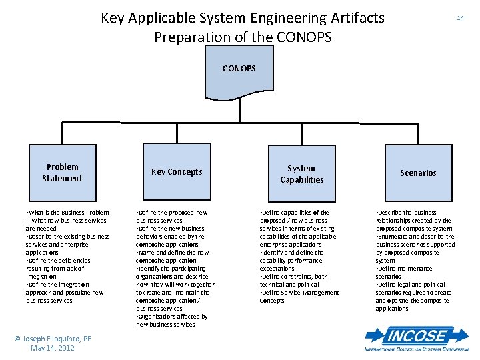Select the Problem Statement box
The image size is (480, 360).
coord(62,173)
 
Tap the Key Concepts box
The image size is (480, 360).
coord(177,172)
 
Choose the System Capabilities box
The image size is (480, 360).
coord(301,174)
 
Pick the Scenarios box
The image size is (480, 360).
coord(418,173)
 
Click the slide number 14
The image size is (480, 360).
coord(460,18)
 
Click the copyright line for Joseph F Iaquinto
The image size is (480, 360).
coord(53,339)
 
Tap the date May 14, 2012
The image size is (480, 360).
coord(53,348)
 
